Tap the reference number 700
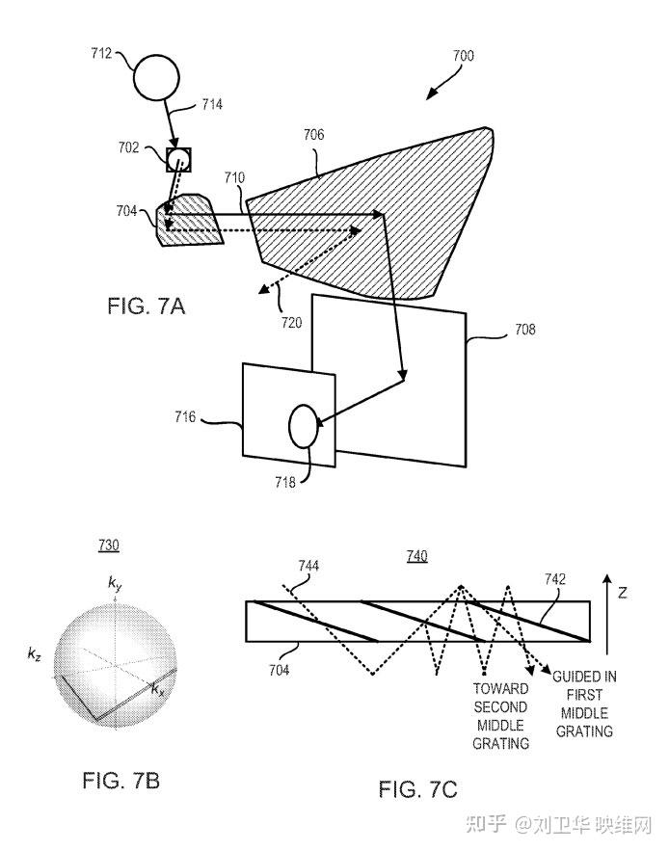coord(464,55)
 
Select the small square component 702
coord(178,160)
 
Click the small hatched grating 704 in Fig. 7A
coord(188,220)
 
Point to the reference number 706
coord(314,134)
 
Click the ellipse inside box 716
coord(303,426)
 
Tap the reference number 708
coord(525,329)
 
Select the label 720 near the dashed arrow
coord(291,323)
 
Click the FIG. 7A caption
coord(147,306)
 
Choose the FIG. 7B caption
coord(121,781)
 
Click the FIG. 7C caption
coord(418,789)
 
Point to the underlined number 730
coord(109,545)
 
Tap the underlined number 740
coord(417,556)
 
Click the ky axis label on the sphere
coord(115,584)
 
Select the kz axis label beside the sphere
coord(34,654)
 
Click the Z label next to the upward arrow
coord(623,594)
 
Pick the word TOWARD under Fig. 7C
coord(500,689)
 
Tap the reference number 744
coord(308,566)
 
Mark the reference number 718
coord(285,482)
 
